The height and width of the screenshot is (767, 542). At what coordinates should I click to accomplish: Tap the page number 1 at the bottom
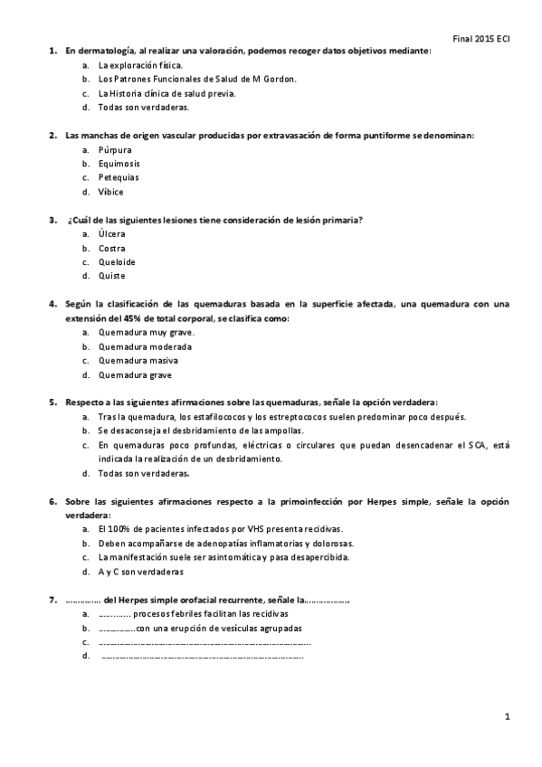(x=508, y=716)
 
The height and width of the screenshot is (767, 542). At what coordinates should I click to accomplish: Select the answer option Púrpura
(x=115, y=150)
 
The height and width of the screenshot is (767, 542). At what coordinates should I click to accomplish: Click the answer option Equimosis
(x=119, y=164)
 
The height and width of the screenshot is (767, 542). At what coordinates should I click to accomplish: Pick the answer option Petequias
(x=118, y=177)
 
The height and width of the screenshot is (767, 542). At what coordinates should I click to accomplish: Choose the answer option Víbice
(x=110, y=192)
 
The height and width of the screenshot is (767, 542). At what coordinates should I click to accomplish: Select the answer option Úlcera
(x=112, y=233)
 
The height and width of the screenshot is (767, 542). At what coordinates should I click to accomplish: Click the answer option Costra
(x=112, y=248)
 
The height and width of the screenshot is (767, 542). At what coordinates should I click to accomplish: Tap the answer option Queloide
(x=116, y=261)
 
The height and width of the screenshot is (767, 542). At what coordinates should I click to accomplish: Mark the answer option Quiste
(x=111, y=276)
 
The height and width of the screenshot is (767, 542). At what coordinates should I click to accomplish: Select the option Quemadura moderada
(x=145, y=346)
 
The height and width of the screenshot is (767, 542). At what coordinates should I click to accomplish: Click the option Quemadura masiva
(x=138, y=360)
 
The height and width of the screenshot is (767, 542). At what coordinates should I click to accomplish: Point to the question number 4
(x=52, y=304)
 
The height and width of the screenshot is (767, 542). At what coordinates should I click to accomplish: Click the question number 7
(x=52, y=600)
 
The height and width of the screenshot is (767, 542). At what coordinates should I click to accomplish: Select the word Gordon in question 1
(x=279, y=79)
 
